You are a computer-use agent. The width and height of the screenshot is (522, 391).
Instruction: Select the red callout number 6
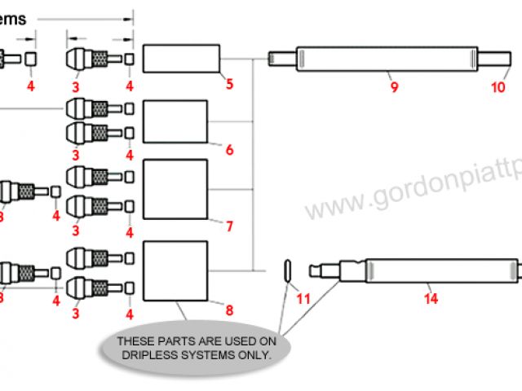229,150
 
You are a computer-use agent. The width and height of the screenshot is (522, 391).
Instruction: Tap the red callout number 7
229,225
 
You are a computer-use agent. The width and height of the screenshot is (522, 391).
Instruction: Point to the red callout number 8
229,310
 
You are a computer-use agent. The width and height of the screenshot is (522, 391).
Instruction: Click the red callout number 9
394,87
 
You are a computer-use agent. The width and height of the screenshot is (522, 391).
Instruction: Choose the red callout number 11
303,298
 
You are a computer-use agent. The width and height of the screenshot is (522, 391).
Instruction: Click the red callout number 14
431,298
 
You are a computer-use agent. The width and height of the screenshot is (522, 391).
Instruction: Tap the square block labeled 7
175,190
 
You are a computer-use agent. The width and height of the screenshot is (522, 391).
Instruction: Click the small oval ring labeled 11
288,269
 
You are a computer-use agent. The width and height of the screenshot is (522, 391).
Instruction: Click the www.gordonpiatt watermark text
412,182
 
